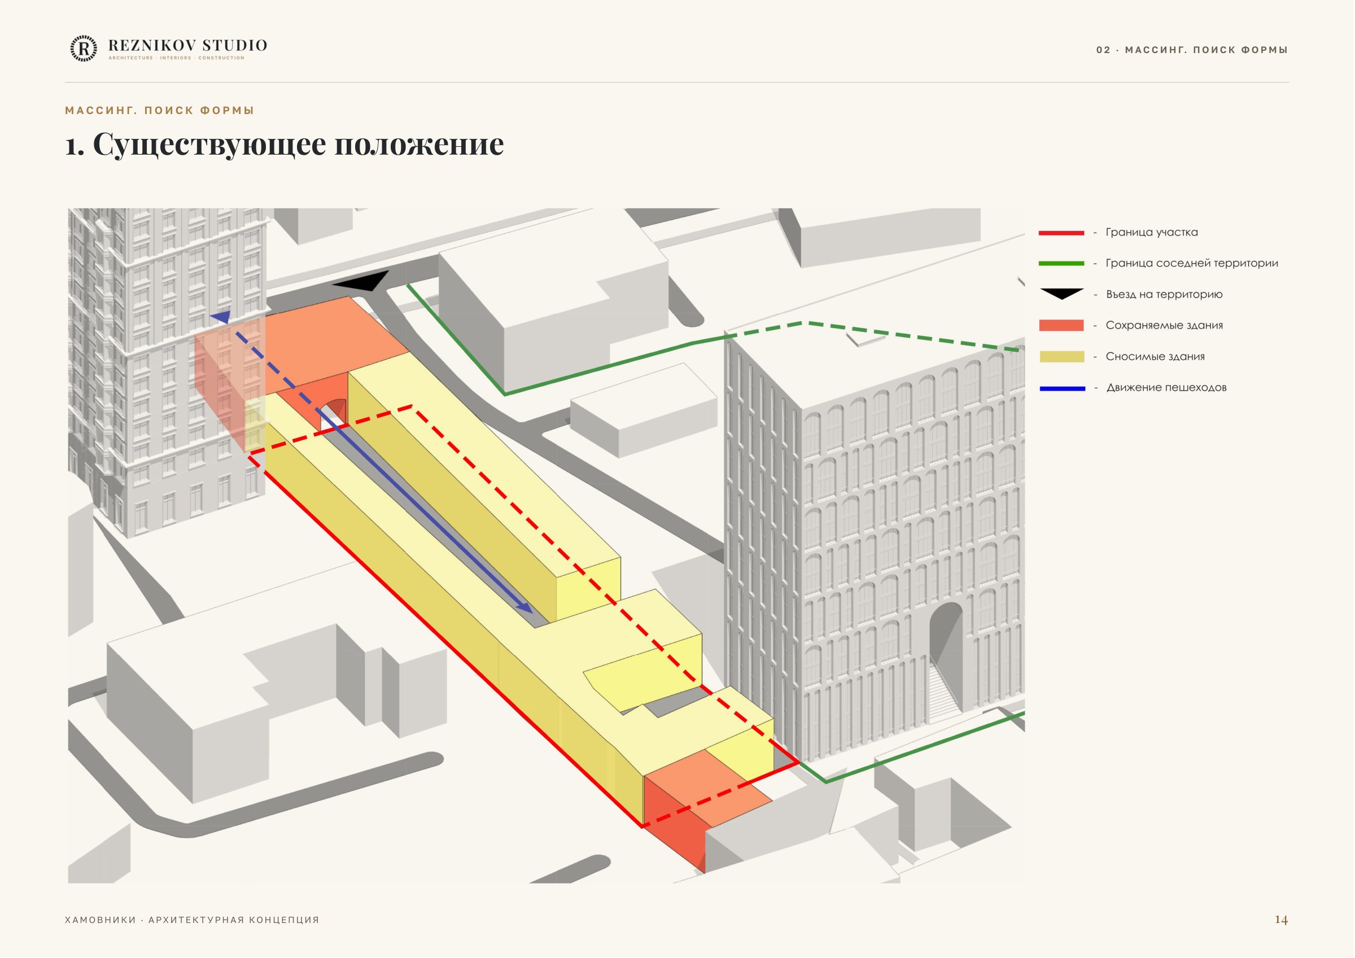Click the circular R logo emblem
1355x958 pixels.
tap(84, 49)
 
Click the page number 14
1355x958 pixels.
tap(1281, 920)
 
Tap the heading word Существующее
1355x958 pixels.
tap(209, 145)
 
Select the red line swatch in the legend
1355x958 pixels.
tap(1061, 233)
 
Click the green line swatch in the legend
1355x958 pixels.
tap(1061, 264)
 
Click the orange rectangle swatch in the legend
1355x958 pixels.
tap(1061, 325)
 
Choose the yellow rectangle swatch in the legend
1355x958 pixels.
tap(1061, 357)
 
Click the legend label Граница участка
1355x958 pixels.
tap(1151, 233)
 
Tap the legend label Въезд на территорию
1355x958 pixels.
tap(1164, 295)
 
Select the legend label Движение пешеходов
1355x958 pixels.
tap(1166, 388)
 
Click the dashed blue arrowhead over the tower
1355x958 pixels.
tap(221, 317)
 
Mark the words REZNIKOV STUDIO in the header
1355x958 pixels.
tap(187, 46)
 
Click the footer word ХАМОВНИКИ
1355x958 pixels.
tap(100, 920)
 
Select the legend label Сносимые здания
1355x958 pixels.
tap(1155, 357)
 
